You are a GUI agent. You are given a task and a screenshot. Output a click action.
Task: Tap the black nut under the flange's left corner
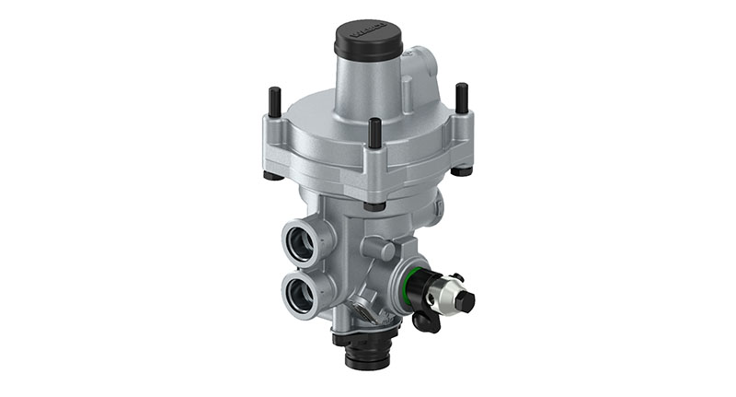click(270, 175)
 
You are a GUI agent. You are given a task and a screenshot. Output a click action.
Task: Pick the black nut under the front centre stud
click(374, 205)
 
